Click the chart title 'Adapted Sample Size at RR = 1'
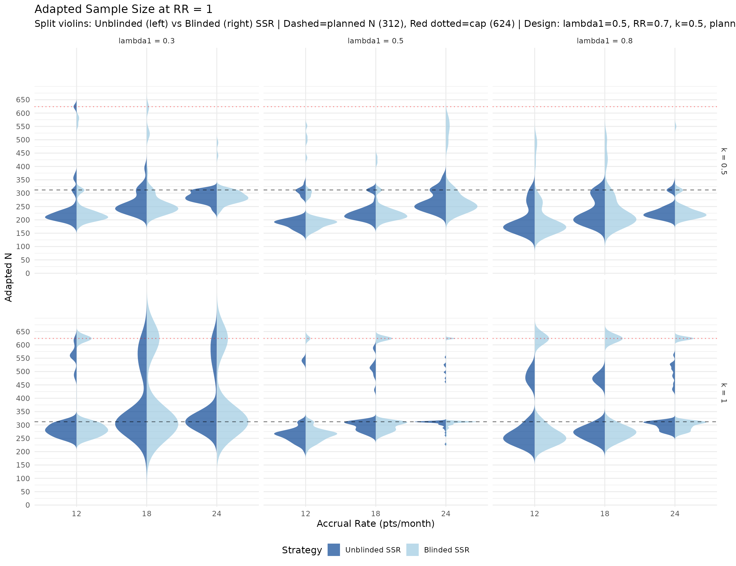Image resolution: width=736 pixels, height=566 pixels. (123, 9)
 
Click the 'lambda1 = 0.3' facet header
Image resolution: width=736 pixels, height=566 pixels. (147, 41)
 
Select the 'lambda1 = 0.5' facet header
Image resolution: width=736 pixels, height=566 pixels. (375, 41)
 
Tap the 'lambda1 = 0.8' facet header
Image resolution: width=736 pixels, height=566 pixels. (604, 41)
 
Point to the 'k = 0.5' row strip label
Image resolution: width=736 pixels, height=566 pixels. (724, 161)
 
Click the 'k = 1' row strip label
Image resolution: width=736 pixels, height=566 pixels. (724, 393)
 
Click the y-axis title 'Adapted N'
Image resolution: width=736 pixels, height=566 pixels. (9, 277)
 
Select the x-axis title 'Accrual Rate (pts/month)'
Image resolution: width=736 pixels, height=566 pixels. (375, 524)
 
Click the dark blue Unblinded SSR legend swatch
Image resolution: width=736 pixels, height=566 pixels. (333, 550)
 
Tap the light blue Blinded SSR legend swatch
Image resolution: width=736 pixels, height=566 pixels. (412, 550)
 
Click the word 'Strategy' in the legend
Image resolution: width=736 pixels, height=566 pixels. (302, 550)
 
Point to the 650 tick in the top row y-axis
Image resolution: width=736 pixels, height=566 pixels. (23, 100)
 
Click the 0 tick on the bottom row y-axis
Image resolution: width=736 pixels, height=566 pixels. (28, 505)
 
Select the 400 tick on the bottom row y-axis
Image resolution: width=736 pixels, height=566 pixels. (23, 398)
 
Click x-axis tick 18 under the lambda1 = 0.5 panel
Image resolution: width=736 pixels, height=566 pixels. (375, 514)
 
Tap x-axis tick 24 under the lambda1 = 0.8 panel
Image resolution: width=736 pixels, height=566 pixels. (675, 514)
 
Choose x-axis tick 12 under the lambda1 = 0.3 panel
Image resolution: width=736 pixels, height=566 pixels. (76, 514)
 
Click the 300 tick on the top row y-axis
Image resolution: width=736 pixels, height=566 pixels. (23, 193)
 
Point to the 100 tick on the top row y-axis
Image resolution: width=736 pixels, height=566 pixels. (23, 247)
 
